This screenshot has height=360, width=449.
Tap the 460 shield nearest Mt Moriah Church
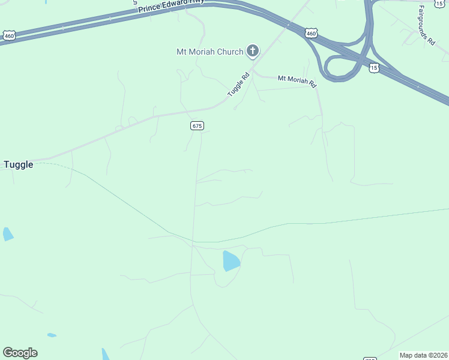click(310, 34)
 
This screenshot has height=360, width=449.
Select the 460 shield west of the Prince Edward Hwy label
click(8, 36)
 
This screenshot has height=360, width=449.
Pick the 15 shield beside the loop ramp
click(374, 68)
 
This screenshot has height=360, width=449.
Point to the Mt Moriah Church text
click(209, 52)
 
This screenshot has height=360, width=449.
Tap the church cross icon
click(253, 51)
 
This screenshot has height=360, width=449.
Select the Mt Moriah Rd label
click(297, 80)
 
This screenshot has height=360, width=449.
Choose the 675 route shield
click(197, 125)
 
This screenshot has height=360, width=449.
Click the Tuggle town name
click(19, 164)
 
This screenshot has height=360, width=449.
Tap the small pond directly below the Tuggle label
click(7, 233)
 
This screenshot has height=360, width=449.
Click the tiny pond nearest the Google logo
click(52, 335)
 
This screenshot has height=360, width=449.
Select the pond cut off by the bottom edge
click(106, 355)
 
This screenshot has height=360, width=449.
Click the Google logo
click(20, 353)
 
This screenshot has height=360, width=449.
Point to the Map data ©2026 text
click(424, 355)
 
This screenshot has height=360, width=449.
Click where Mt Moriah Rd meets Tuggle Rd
click(253, 71)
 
